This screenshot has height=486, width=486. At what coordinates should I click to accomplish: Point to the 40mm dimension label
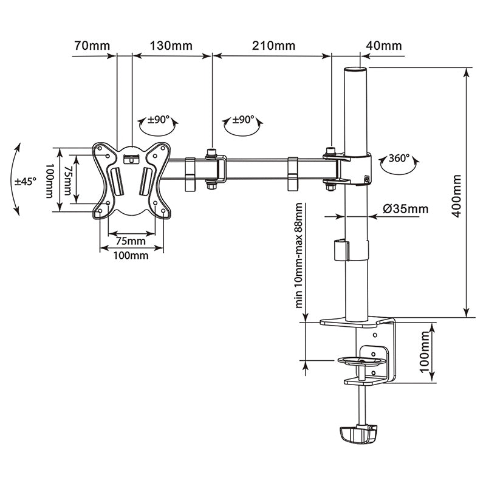[x=383, y=46]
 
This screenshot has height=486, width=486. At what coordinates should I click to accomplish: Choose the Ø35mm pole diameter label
[x=405, y=209]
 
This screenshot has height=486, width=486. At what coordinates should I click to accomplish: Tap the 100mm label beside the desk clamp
[x=425, y=357]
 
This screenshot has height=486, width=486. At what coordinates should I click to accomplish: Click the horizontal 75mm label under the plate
[x=131, y=241]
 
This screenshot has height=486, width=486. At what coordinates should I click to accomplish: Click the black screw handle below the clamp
[x=358, y=433]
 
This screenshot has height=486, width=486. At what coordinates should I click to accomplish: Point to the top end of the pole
[x=357, y=71]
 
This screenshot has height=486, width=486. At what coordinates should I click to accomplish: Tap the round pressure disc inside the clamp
[x=362, y=360]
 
